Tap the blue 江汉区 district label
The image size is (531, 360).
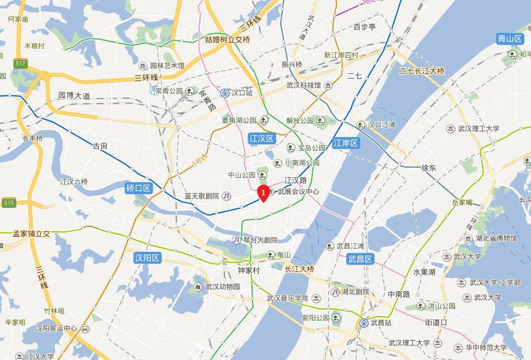[261, 138]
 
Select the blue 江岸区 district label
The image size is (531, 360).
[345, 143]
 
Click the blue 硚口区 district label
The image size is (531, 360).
[138, 188]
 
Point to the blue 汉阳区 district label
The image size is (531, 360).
[148, 258]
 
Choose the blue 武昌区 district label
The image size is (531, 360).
[361, 259]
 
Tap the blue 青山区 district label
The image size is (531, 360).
[510, 39]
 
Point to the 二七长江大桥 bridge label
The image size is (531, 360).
[422, 71]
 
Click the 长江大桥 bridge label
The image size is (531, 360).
[299, 269]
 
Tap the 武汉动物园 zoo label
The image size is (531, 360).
[216, 287]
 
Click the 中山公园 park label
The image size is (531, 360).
[241, 175]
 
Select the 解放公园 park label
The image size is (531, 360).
[300, 121]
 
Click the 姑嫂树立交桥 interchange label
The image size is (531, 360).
[219, 39]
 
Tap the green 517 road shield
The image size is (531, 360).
[21, 63]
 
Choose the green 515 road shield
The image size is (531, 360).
[8, 203]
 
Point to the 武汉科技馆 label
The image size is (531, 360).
[304, 85]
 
